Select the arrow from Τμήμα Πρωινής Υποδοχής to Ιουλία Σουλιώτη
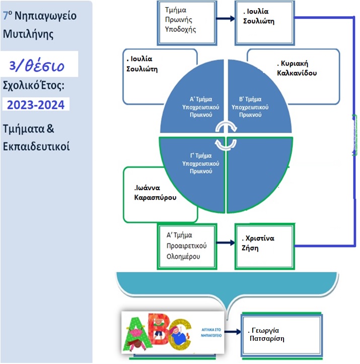(x=226, y=19)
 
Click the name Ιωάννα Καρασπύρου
(x=155, y=193)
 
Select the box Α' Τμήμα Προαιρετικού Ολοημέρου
(x=186, y=246)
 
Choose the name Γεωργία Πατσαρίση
(x=267, y=334)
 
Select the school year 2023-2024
(x=36, y=105)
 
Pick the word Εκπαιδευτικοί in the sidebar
(x=36, y=147)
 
